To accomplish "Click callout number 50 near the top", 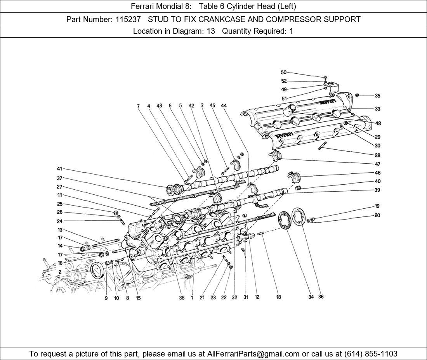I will coord(283,73).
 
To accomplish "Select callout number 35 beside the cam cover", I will coord(377,96).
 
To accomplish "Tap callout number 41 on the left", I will coord(59,169).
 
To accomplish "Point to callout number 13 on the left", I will coord(60,230).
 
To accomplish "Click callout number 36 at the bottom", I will coord(321,297).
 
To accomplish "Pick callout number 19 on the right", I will coord(377,206).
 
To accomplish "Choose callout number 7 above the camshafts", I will coord(138,106).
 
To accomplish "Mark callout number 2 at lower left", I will coord(60,272).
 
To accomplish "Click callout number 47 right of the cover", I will coord(377,164).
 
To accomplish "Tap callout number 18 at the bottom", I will coord(278,298).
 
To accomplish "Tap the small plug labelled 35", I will coord(358,95).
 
